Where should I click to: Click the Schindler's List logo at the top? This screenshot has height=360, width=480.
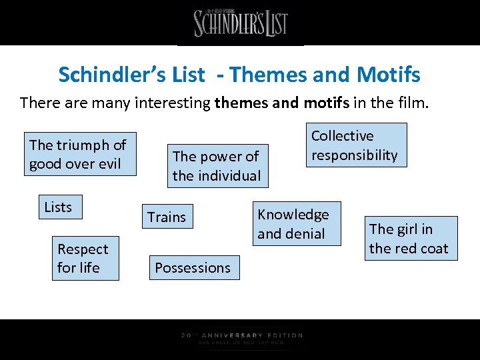tap(241, 23)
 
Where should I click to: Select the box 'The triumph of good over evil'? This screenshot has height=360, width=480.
tap(78, 154)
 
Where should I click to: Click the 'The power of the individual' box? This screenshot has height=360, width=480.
tap(217, 166)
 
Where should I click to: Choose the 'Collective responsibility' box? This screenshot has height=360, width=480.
tap(355, 145)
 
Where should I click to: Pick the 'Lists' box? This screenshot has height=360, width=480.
tap(58, 207)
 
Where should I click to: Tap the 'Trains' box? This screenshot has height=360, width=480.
tap(167, 217)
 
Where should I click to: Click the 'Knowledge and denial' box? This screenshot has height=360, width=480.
tap(293, 224)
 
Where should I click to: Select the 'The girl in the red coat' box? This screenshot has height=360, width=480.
tap(409, 239)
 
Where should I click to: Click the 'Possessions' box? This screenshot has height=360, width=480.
tap(193, 268)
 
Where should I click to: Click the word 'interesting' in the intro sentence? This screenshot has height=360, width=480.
tap(177, 103)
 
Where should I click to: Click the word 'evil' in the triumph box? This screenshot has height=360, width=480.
tap(111, 164)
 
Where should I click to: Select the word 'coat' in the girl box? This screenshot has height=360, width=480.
tap(433, 249)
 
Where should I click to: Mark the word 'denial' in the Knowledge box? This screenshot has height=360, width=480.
tap(305, 234)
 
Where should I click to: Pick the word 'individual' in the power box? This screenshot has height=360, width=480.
tap(229, 176)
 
